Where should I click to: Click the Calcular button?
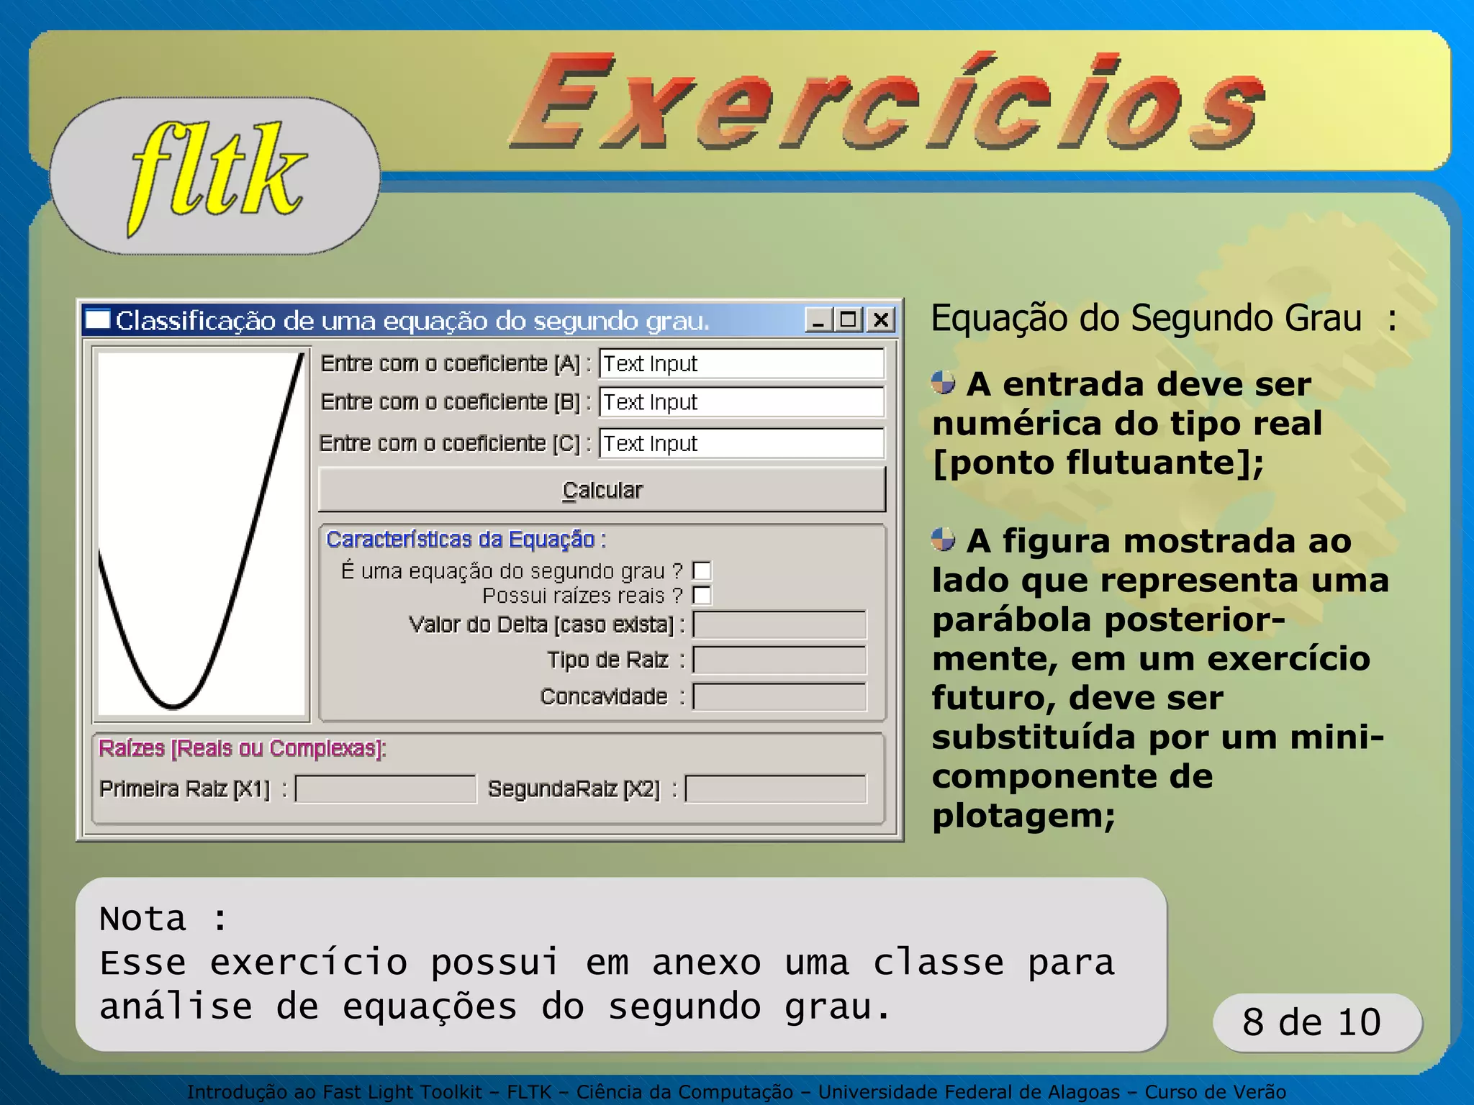tap(602, 490)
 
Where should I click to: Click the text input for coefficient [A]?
tap(741, 364)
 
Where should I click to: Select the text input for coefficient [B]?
tap(741, 402)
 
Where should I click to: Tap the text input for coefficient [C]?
tap(741, 443)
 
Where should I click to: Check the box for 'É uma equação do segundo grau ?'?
tap(702, 571)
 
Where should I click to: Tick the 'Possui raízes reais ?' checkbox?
tap(702, 596)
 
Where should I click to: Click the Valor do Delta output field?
tap(779, 624)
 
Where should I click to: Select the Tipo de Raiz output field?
tap(779, 660)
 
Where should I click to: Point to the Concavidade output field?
tap(779, 696)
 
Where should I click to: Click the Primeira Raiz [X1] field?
tap(386, 788)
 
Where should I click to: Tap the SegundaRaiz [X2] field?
tap(776, 788)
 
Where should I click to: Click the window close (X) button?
tap(881, 319)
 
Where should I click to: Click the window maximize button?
tap(849, 319)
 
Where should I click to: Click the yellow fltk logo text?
tap(216, 176)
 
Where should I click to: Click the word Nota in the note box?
tap(143, 919)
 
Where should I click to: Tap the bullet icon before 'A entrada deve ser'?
tap(943, 383)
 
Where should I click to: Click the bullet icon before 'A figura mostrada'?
tap(943, 539)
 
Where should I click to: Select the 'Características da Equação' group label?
tap(466, 539)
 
